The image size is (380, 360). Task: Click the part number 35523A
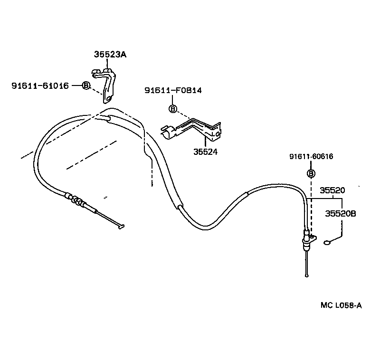click(110, 55)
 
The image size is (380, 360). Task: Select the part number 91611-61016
click(40, 85)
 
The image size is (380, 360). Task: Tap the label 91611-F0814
click(173, 90)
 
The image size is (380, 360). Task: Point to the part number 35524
click(205, 152)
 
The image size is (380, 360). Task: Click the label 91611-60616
click(311, 156)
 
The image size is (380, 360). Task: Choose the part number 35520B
click(341, 214)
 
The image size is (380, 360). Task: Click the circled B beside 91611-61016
click(86, 85)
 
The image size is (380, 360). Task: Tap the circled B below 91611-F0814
click(173, 109)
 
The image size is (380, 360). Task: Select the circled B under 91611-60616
click(311, 173)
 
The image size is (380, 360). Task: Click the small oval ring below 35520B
click(327, 243)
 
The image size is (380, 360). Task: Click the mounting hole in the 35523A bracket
click(109, 98)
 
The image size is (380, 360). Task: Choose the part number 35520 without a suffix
click(332, 190)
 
